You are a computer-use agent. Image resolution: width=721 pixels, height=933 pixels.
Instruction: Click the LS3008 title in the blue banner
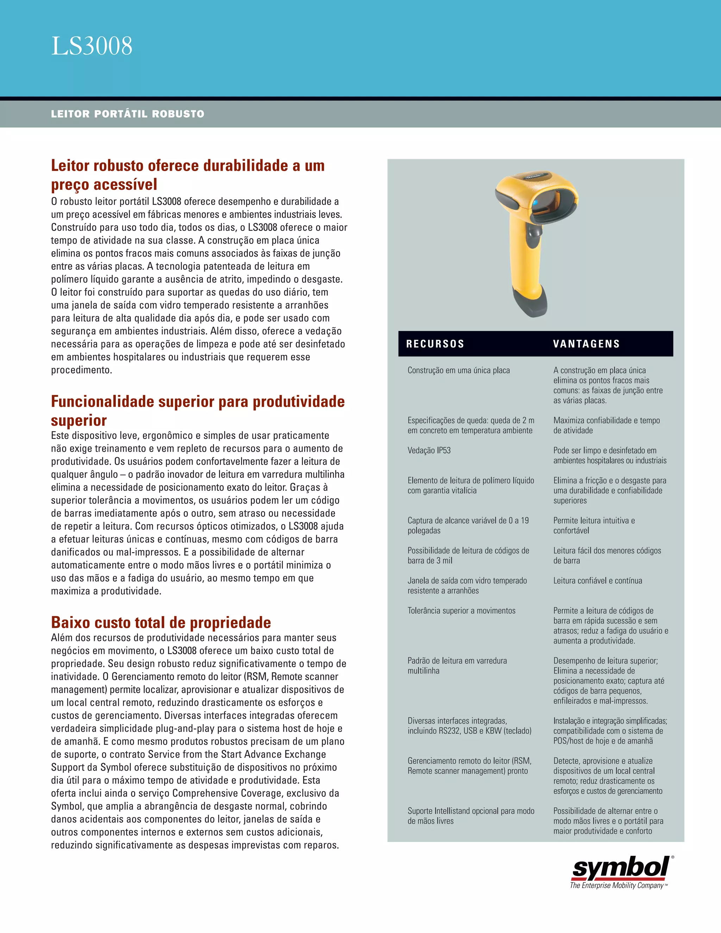click(92, 46)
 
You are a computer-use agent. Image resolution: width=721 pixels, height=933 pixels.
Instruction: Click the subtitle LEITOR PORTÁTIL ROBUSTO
click(127, 114)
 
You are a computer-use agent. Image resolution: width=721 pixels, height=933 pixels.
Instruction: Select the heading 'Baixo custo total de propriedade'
click(161, 622)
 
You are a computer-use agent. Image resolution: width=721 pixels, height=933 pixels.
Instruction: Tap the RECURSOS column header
click(435, 344)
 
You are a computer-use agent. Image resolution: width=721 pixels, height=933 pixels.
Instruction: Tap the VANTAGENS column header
click(586, 344)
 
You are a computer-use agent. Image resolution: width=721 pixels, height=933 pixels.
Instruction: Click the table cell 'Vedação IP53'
click(429, 450)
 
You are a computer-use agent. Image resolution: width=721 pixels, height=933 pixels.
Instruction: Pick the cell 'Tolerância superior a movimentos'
click(461, 610)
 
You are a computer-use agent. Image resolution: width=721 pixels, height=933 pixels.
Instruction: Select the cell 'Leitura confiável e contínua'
click(597, 581)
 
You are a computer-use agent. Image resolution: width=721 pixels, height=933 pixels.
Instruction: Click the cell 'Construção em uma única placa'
click(458, 370)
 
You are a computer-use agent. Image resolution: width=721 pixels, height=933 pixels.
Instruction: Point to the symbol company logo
click(621, 869)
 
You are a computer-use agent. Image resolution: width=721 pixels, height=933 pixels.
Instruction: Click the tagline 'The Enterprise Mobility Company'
click(617, 885)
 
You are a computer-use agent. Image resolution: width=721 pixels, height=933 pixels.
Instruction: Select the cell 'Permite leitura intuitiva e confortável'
click(594, 525)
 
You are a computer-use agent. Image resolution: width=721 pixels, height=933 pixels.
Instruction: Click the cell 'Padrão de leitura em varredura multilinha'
click(457, 665)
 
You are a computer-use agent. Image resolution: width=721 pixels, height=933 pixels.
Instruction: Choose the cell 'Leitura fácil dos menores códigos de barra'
click(607, 555)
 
